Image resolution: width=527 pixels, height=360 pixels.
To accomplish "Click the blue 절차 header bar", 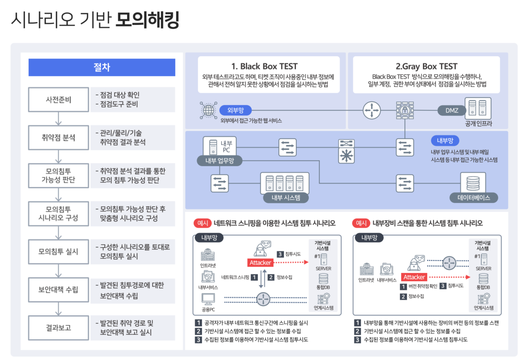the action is coord(102,67).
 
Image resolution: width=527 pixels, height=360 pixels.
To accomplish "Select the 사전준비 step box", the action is coord(58,99).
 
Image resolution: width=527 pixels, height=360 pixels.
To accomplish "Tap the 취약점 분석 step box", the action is coord(58,138).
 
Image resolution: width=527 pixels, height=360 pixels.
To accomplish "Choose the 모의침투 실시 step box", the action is coord(58,251).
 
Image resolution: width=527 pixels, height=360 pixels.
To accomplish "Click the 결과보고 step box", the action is coord(58,328).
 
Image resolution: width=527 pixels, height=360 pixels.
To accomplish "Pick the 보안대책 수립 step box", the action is coord(58,290).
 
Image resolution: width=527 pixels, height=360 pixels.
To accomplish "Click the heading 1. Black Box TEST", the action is coord(268,66).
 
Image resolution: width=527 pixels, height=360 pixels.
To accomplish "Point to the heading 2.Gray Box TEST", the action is coord(426,66).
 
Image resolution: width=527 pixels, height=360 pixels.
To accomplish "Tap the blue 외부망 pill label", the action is coord(238,110).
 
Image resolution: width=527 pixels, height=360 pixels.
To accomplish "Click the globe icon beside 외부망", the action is coord(208,110).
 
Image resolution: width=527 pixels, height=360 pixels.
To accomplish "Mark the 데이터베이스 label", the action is coord(474,198).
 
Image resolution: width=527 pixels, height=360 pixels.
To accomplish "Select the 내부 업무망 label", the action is coord(219,160).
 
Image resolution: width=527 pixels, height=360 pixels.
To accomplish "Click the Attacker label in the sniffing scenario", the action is coord(261,262).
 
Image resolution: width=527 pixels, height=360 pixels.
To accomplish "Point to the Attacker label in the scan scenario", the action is coord(414,277).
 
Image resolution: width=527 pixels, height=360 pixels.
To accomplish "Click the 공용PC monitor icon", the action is coord(208,300).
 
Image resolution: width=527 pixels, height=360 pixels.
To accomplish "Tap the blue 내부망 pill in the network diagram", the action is coord(445,140).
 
